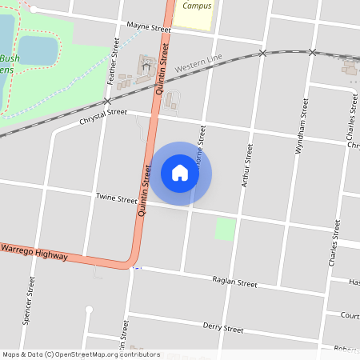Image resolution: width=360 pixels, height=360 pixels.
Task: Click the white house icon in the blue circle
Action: (x=180, y=173)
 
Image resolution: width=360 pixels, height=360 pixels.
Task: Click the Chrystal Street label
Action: (x=103, y=117)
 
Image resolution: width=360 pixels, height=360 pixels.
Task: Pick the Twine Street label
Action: (x=117, y=198)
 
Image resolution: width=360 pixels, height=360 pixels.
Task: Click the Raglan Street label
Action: (x=234, y=282)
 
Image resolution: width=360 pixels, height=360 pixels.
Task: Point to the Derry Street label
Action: (x=222, y=328)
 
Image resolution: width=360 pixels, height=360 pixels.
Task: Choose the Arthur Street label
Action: (x=247, y=166)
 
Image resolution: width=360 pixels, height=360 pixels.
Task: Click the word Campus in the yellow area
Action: (x=197, y=5)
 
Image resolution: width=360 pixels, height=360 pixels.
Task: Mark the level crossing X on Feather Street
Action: (x=107, y=102)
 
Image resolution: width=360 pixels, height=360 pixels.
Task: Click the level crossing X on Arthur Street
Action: (x=262, y=53)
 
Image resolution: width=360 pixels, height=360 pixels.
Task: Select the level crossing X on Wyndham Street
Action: (x=313, y=52)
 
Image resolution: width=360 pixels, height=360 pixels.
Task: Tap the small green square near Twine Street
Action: (x=226, y=229)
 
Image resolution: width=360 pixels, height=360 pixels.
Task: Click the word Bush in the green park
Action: (x=10, y=58)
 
